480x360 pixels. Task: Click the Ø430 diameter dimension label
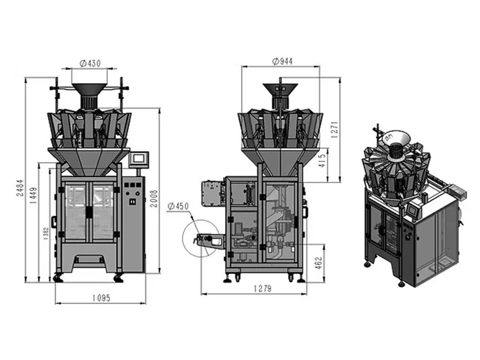coord(90,64)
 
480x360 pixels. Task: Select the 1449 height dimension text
coord(34,196)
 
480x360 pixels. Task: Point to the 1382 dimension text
coord(46,233)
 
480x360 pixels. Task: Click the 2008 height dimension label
coord(154,199)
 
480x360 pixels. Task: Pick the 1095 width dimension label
coord(101,298)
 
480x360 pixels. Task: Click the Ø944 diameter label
coord(282,61)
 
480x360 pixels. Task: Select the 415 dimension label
coord(322,161)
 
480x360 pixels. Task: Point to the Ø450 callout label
coord(178,206)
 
